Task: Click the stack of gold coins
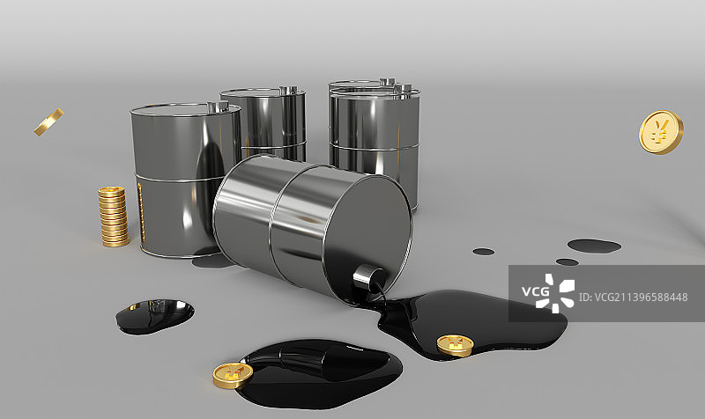pyautogui.click(x=114, y=217)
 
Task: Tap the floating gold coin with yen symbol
pyautogui.click(x=661, y=133)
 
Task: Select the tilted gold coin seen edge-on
pyautogui.click(x=48, y=121)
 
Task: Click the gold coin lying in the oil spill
pyautogui.click(x=455, y=345)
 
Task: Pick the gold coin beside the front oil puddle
pyautogui.click(x=233, y=375)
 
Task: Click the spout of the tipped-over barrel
pyautogui.click(x=368, y=277)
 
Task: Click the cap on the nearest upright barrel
pyautogui.click(x=218, y=106)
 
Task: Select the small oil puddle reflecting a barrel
pyautogui.click(x=155, y=316)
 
